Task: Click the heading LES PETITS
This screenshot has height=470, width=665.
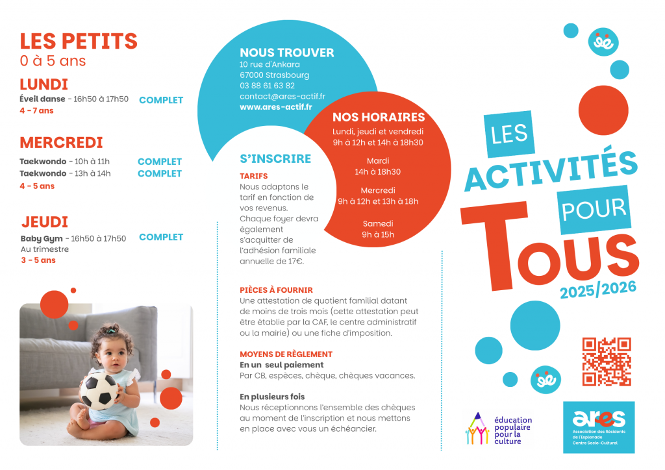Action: [79, 41]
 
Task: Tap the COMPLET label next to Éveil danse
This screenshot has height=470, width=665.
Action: [161, 100]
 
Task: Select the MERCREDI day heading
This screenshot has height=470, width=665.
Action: [61, 143]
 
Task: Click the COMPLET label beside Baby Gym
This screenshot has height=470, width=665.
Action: [161, 237]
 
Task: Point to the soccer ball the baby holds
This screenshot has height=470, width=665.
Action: [99, 390]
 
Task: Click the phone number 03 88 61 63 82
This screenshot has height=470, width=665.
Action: [267, 86]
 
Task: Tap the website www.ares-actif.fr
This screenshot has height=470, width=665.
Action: [275, 107]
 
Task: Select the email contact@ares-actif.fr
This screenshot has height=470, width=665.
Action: [282, 96]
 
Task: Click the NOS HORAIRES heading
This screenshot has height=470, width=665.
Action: [379, 117]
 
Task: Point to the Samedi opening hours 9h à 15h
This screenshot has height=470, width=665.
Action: [378, 234]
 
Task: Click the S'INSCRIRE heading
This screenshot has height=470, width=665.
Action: [275, 159]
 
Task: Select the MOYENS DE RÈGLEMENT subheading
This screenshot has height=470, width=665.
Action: [286, 354]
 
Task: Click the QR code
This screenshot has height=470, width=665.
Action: [607, 362]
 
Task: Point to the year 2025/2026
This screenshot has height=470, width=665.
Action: [598, 289]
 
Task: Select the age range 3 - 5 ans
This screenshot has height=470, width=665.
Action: [38, 260]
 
